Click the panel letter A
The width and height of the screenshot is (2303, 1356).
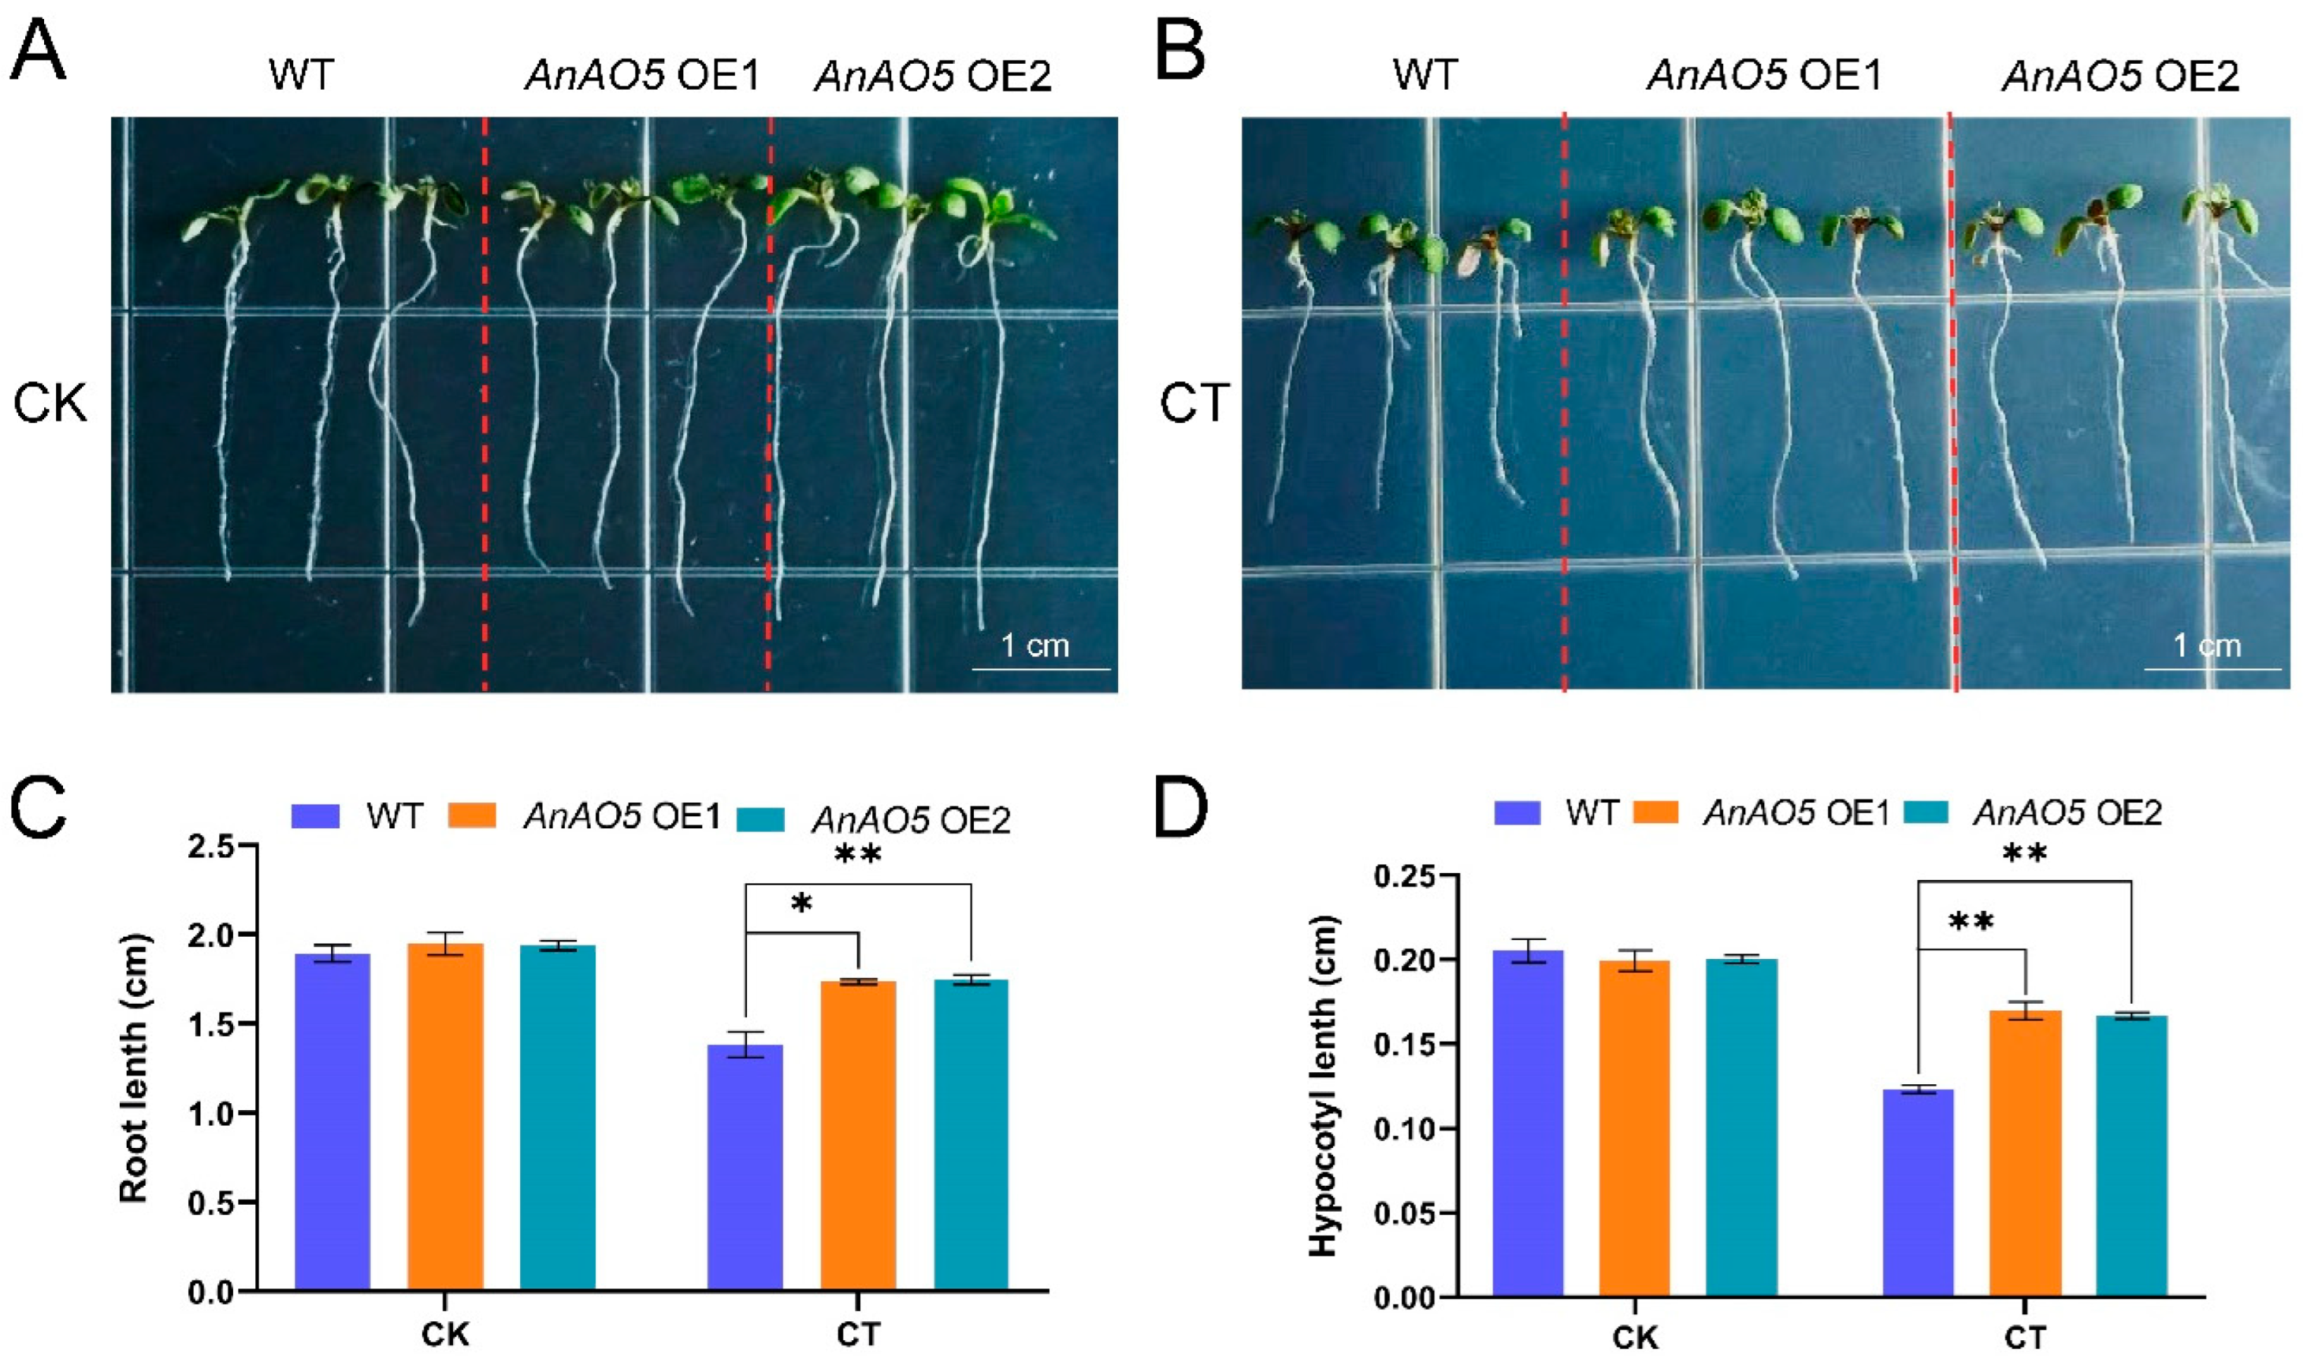coord(38,52)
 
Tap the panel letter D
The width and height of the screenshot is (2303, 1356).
coord(1181,808)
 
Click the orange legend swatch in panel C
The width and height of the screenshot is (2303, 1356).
coord(472,815)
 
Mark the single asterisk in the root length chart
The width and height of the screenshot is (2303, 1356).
coord(801,905)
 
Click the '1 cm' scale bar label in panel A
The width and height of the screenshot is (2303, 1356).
coord(1034,646)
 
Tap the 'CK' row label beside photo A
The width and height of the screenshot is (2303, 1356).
coord(50,403)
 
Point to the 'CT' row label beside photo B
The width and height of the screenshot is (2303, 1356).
coord(1194,403)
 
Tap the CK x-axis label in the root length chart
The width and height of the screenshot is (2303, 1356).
coord(445,1334)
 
